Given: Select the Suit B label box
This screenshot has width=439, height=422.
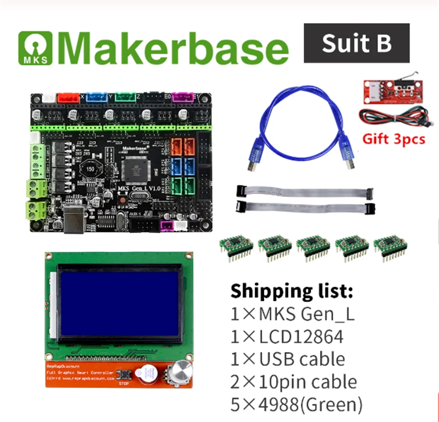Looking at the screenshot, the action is pos(356,43).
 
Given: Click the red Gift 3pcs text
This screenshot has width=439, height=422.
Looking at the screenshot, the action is pos(394,139).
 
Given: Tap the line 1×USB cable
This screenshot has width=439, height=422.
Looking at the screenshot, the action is pos(288,359).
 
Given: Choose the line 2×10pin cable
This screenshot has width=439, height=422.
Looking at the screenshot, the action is pos(294,382).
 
